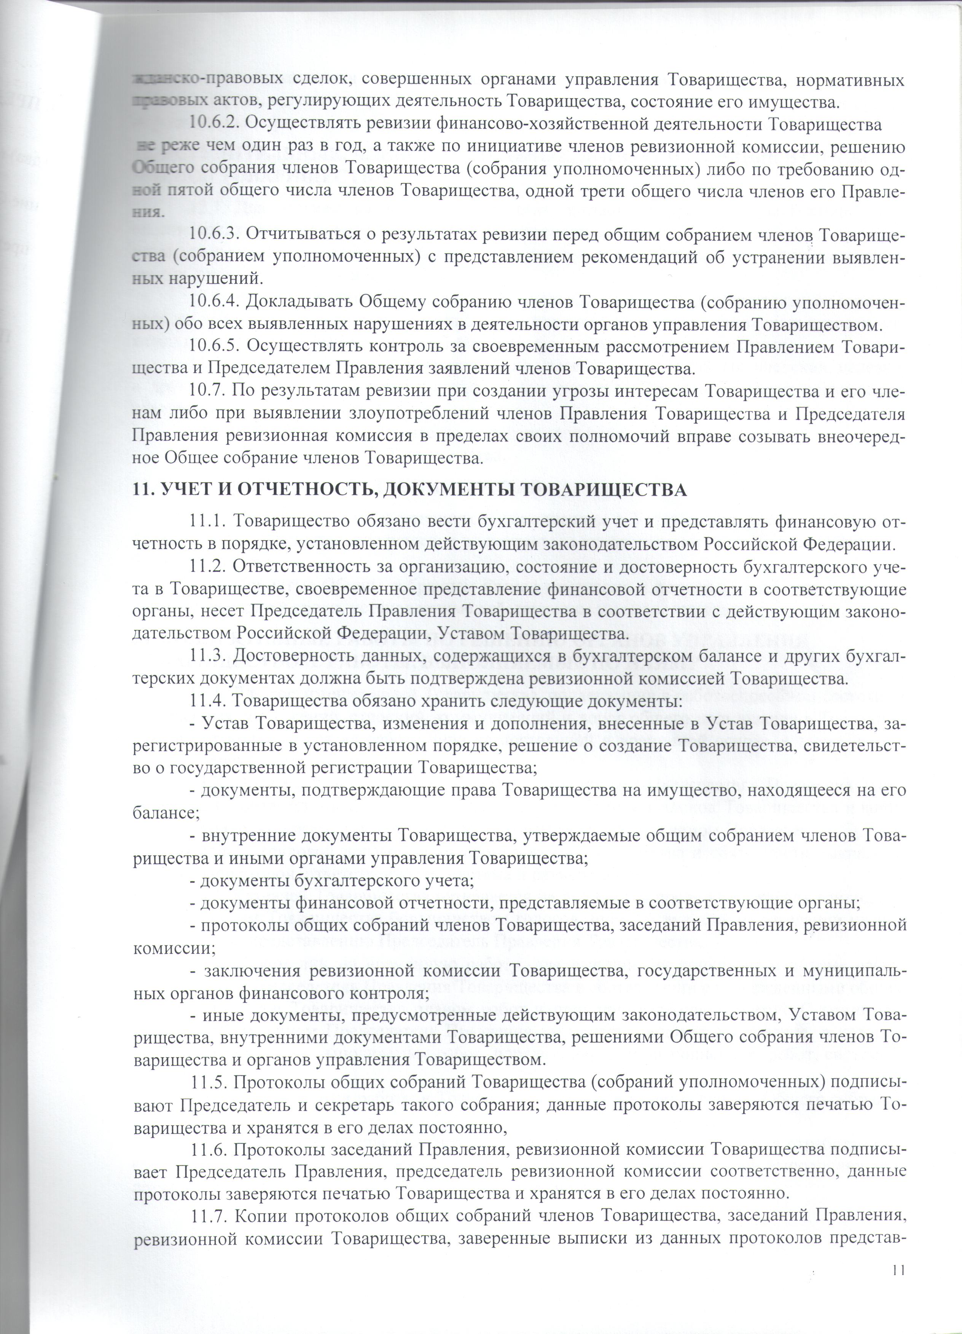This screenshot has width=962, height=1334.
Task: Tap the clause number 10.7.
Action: coord(208,391)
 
